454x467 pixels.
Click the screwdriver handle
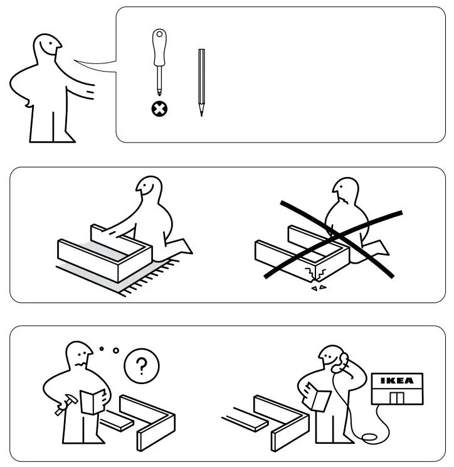pyautogui.click(x=159, y=47)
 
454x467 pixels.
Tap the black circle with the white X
pyautogui.click(x=159, y=109)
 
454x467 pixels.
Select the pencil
pyautogui.click(x=201, y=82)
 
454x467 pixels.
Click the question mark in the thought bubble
pyautogui.click(x=141, y=366)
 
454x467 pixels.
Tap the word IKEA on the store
pyautogui.click(x=397, y=380)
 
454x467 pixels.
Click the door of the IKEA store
pyautogui.click(x=397, y=398)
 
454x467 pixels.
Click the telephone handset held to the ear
pyautogui.click(x=341, y=363)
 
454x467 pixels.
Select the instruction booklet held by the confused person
pyautogui.click(x=93, y=401)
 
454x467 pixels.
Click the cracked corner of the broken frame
pyautogui.click(x=315, y=274)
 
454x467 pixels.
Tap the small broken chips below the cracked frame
pyautogui.click(x=319, y=287)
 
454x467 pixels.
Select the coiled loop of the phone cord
pyautogui.click(x=369, y=437)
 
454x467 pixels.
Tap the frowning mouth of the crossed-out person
pyautogui.click(x=346, y=200)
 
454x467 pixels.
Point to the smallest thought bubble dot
pyautogui.click(x=102, y=348)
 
